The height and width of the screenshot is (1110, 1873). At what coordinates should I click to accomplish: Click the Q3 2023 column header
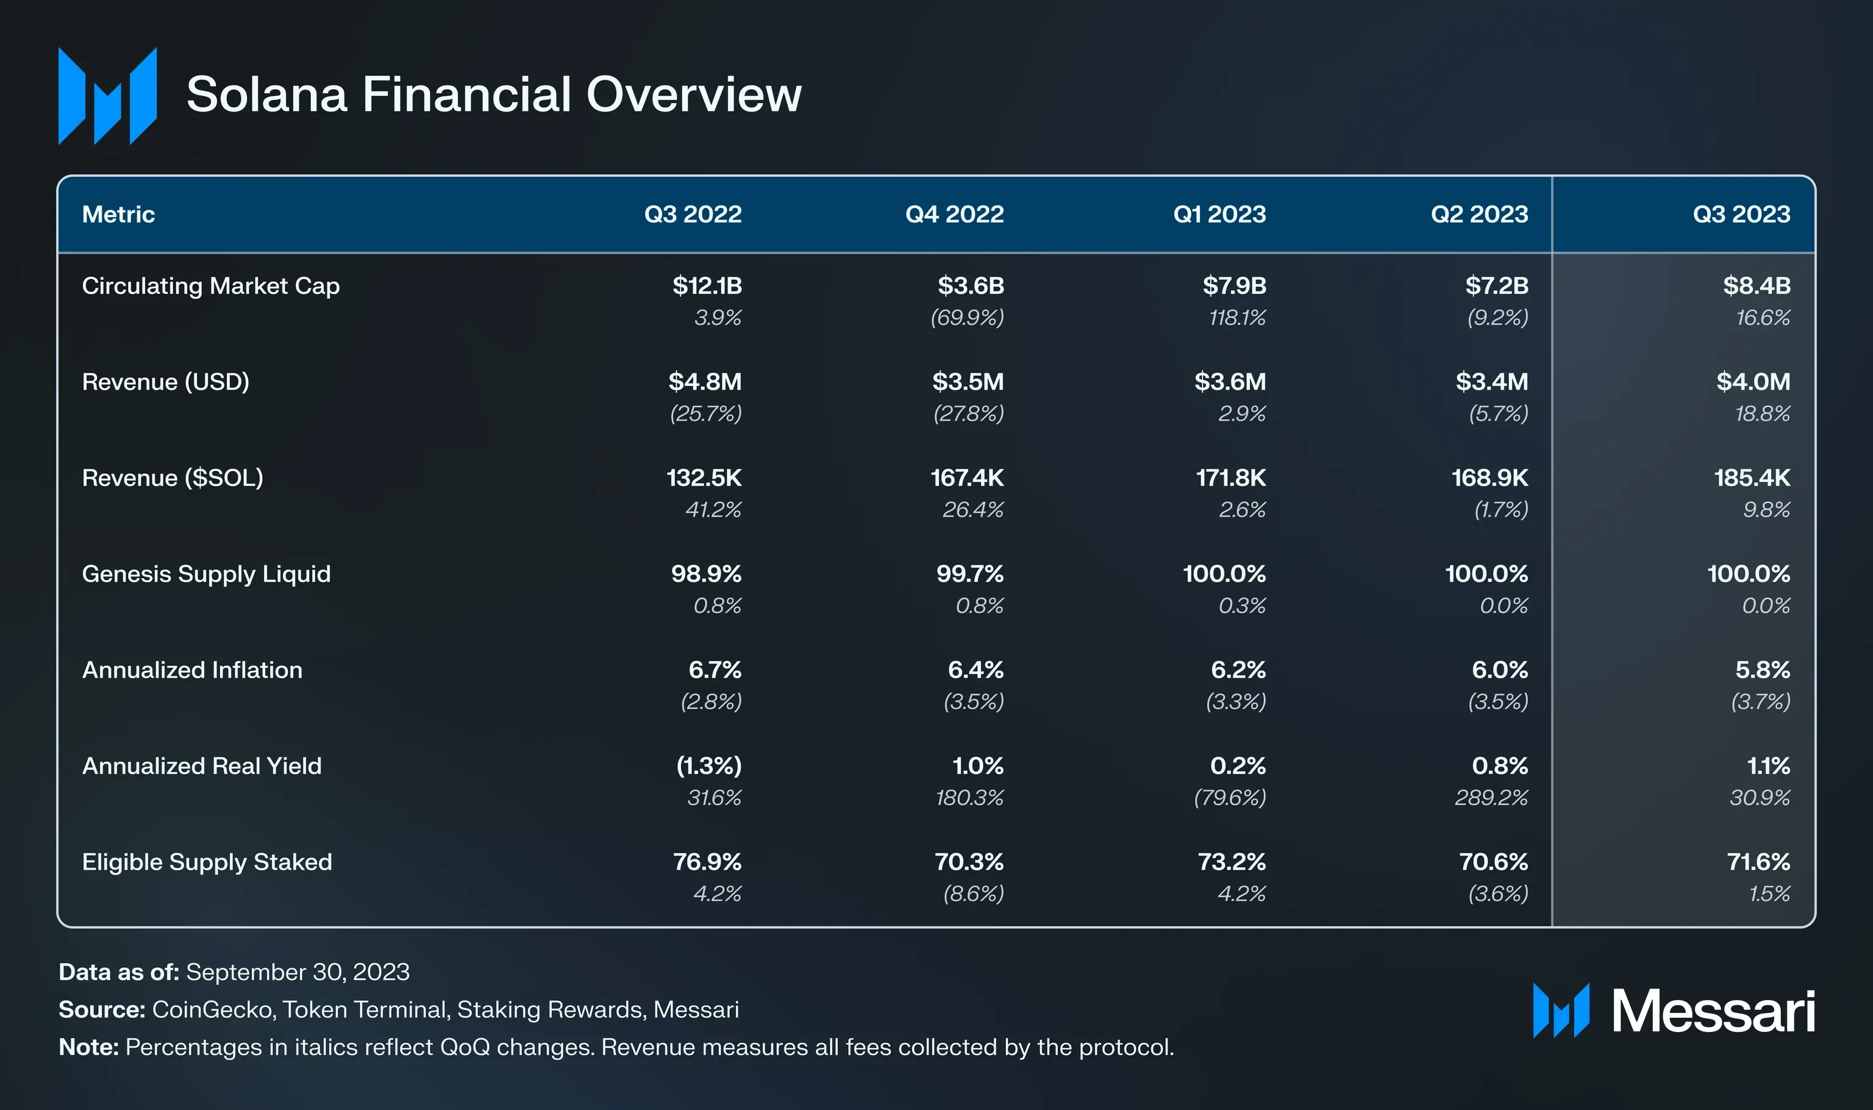point(1741,215)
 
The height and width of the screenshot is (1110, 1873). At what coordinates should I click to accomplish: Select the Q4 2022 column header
point(954,215)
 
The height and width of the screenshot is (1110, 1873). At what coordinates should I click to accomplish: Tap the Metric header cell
point(118,215)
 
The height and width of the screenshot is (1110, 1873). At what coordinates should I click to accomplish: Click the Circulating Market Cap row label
point(210,285)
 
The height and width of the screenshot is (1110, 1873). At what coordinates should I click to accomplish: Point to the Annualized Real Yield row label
point(201,766)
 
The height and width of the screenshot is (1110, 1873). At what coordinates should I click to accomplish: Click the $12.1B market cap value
point(707,285)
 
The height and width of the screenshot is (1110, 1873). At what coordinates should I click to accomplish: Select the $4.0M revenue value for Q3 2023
point(1753,381)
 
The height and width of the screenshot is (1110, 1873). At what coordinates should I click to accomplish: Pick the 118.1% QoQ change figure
point(1238,318)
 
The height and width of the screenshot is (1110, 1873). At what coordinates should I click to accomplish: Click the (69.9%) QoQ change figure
point(967,318)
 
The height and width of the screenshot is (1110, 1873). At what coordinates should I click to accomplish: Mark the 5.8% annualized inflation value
point(1763,670)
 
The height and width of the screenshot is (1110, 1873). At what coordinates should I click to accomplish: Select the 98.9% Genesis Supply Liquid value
point(706,574)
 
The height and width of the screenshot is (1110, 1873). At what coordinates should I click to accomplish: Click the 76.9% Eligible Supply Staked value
point(707,862)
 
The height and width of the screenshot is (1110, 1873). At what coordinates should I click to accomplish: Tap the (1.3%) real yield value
point(709,766)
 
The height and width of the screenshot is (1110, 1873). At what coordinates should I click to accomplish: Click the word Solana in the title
point(266,95)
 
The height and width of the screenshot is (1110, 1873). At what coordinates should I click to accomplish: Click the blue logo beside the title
point(108,96)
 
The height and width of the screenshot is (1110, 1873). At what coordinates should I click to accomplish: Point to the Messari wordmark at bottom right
point(1712,1011)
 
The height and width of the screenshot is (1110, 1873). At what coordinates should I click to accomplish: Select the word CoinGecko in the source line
point(213,1010)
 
